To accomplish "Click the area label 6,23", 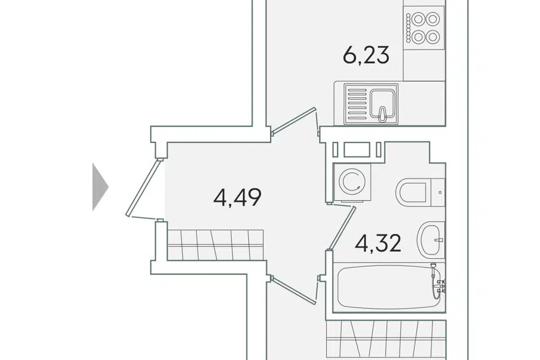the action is (366, 56).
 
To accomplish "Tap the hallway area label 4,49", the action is (237, 197).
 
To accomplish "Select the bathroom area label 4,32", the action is (378, 243).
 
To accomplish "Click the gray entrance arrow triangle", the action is (101, 187).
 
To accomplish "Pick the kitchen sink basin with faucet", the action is (383, 103).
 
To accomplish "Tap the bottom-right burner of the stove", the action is (433, 36).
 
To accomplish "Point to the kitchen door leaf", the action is (294, 121).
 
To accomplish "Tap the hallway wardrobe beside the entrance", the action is (215, 245).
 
